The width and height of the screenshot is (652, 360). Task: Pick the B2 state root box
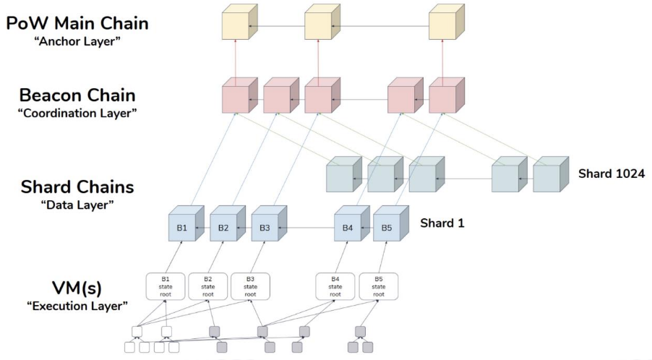coord(208,286)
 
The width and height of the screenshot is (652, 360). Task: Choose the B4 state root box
coord(335,286)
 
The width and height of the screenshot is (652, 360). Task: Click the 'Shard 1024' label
coord(612,173)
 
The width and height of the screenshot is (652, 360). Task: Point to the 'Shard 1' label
coord(442,223)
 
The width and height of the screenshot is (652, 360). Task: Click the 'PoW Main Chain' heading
coord(77,23)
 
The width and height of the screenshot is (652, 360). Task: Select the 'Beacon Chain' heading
coord(77,95)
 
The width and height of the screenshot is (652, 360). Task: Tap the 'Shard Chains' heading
coord(77,187)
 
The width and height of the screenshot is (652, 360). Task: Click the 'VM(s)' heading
coord(77,288)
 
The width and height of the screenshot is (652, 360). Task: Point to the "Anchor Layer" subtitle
coord(77,42)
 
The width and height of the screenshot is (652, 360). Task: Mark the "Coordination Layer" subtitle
coord(77,113)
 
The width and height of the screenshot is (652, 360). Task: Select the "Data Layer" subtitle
coord(77,205)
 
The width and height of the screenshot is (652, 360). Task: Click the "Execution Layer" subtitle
coord(77,307)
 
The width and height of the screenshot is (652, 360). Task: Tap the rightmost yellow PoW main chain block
coord(447,22)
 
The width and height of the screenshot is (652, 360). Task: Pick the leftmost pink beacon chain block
coord(239,95)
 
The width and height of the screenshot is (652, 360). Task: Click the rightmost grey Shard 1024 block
coord(551,174)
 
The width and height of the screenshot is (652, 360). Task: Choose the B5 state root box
coord(378,286)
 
